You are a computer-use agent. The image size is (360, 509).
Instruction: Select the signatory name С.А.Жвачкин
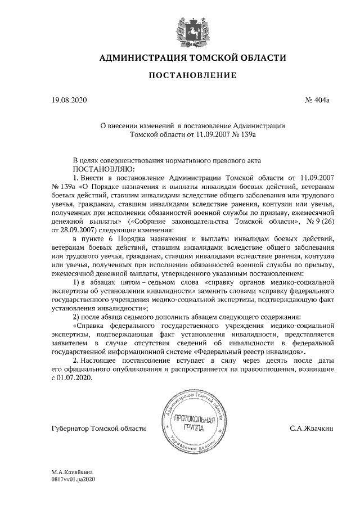click(311, 429)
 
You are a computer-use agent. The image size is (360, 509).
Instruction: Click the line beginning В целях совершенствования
click(167, 160)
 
